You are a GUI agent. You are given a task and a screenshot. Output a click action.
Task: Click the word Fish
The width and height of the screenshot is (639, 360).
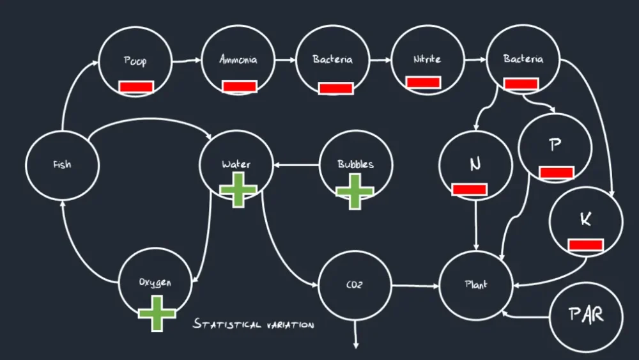tap(62, 165)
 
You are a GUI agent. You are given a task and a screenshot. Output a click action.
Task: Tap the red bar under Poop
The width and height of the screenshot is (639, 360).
tap(135, 87)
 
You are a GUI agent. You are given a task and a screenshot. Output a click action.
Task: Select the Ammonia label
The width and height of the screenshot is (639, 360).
tap(238, 59)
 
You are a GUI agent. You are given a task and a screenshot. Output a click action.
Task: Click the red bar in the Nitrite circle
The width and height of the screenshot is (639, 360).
tap(423, 82)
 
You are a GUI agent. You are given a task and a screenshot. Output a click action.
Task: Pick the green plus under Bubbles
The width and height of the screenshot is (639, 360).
tap(355, 191)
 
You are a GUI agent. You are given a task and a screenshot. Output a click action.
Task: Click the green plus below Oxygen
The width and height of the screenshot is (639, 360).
tap(157, 313)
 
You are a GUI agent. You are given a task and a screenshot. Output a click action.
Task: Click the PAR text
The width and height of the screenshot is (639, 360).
tap(587, 315)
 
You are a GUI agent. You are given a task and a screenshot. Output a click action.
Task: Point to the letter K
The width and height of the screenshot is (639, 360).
tap(585, 219)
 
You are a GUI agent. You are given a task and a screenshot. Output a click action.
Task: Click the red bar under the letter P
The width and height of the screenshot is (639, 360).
tap(556, 172)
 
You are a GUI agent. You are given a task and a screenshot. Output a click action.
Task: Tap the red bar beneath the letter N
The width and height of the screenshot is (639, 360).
tap(470, 189)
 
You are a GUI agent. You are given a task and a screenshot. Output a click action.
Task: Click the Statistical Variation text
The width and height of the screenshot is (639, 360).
tap(254, 325)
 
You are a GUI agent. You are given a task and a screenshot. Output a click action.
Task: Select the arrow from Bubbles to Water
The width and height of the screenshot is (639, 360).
tap(296, 165)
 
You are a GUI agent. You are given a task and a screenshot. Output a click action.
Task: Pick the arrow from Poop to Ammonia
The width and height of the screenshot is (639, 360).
tap(187, 61)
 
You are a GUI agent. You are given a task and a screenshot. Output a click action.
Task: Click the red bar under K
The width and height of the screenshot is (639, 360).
tap(585, 245)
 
